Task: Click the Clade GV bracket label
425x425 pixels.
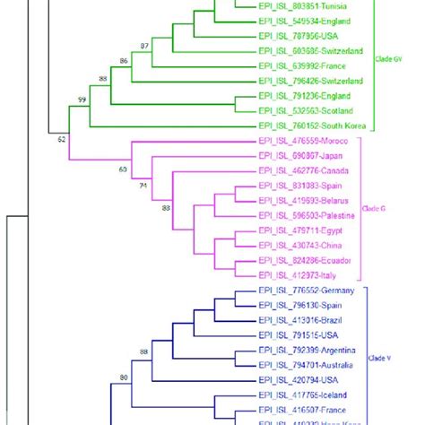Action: (388, 59)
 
